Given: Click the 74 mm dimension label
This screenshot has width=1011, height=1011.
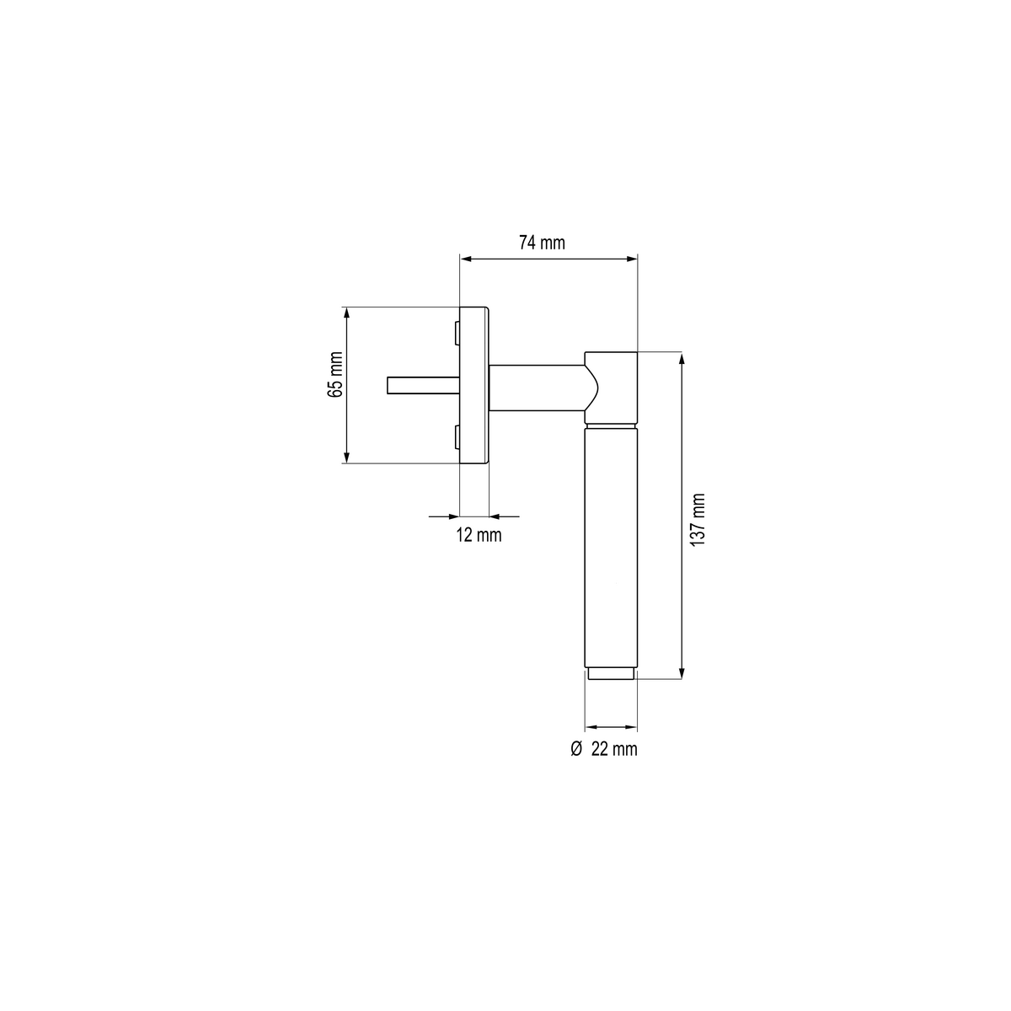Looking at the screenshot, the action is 542,243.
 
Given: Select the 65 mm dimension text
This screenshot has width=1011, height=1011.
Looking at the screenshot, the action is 334,374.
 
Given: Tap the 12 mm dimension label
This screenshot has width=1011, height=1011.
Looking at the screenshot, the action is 479,535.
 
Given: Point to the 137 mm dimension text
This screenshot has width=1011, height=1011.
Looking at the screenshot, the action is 698,520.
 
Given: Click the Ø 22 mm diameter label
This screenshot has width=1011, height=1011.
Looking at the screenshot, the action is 604,749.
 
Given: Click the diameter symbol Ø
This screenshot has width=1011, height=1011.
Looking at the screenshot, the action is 576,749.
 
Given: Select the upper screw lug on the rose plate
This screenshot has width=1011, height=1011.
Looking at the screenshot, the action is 457,334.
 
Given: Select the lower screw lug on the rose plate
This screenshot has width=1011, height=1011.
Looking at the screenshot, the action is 457,437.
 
